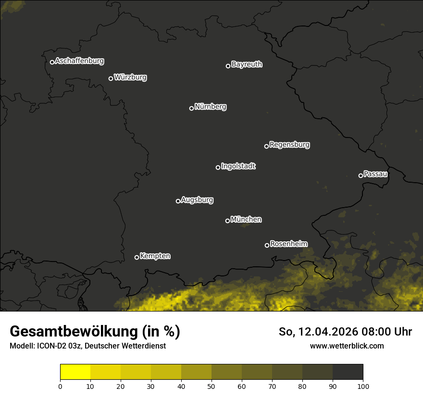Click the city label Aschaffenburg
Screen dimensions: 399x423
coord(79,61)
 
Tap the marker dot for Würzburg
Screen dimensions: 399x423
coord(111,78)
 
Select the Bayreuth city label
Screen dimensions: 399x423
coord(247,64)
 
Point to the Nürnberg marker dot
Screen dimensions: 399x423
coord(191,108)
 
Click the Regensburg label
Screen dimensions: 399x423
coord(289,145)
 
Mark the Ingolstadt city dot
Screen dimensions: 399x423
coord(218,167)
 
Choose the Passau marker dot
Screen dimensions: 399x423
coord(361,175)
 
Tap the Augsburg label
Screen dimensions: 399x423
coord(197,200)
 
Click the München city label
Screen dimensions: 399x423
coord(246,220)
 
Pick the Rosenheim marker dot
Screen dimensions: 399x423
coord(267,245)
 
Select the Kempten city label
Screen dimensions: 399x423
coord(155,256)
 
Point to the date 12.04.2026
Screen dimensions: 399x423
coord(326,332)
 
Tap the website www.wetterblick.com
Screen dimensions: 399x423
coord(347,346)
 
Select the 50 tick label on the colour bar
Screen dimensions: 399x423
coord(211,386)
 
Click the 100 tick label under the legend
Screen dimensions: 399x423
coord(363,386)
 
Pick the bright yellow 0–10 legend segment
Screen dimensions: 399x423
coord(75,372)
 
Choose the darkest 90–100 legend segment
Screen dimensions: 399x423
coord(348,372)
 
